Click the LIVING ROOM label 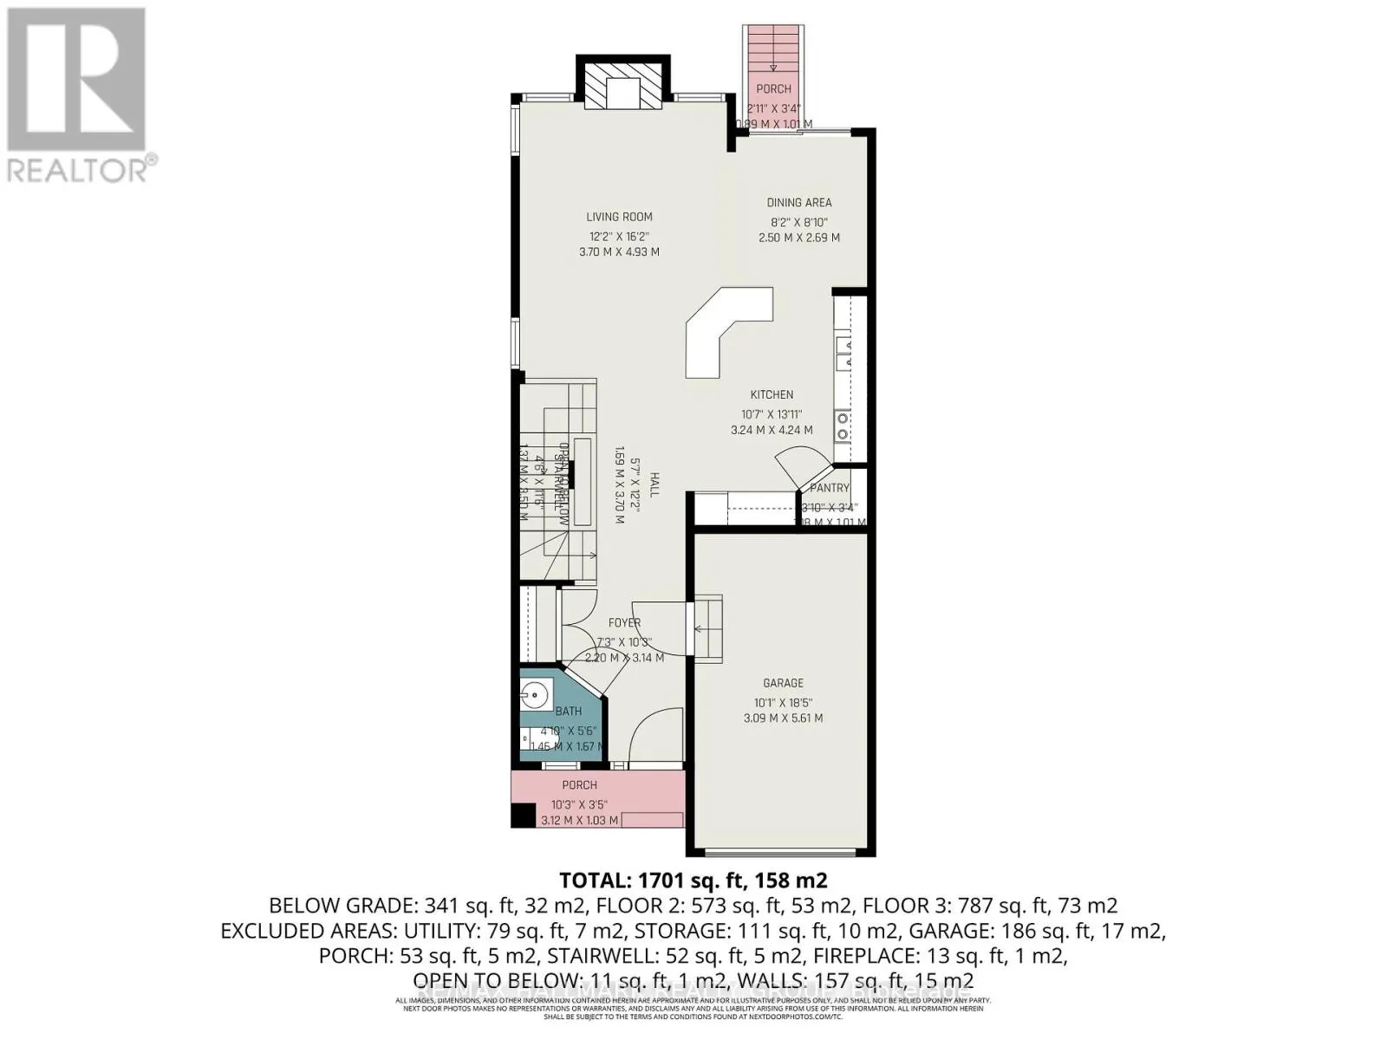tap(619, 217)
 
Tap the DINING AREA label tap(798, 203)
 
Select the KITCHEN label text tap(772, 394)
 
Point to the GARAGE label tap(783, 683)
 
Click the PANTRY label tap(830, 488)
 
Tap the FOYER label tap(624, 622)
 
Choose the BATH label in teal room tap(569, 711)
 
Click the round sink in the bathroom tap(537, 692)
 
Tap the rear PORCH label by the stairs tap(773, 88)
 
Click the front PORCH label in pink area tap(579, 785)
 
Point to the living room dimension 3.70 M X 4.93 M tap(619, 252)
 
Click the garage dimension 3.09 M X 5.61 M tap(783, 718)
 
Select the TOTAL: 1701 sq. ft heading tap(693, 881)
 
